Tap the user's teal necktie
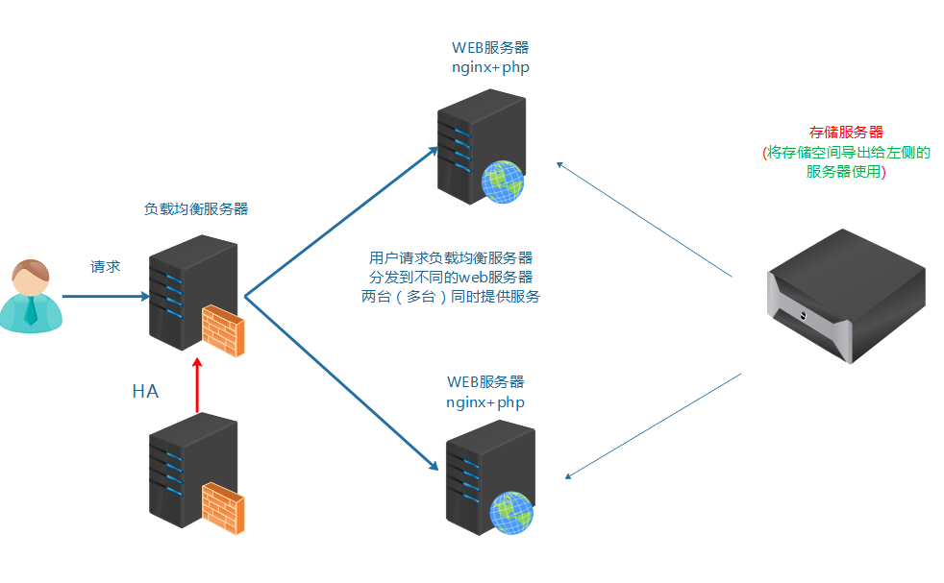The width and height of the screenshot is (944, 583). pos(32,309)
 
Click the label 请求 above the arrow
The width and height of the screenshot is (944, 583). pos(105,267)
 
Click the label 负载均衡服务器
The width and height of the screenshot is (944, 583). pos(196,208)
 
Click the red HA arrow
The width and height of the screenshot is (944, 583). pos(197,385)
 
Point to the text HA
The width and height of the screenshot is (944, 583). pos(145,392)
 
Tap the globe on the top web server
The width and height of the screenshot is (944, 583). pos(502,181)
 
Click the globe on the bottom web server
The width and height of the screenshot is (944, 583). pos(510,512)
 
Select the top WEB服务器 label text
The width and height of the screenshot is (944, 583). pos(490,48)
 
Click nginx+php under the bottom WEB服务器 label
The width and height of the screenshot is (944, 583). pos(485,402)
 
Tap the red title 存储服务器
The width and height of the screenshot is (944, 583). pos(846,133)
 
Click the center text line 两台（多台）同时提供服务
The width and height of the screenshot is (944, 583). pos(451,297)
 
